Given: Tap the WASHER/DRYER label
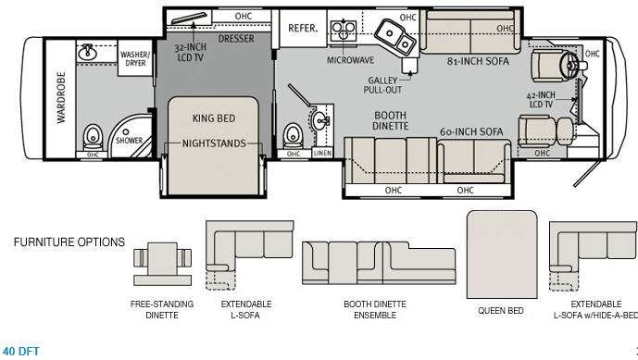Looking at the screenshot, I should [x=135, y=60].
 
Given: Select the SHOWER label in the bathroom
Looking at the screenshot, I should [x=128, y=142].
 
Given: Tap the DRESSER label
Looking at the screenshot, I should [x=236, y=39].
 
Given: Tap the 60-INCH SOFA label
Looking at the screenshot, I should [x=471, y=131].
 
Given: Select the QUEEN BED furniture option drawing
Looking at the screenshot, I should [x=503, y=249].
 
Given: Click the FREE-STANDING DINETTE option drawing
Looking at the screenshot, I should [x=161, y=256].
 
